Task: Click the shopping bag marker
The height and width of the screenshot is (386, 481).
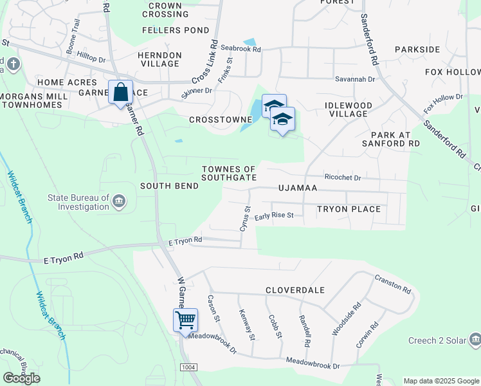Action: coord(120,93)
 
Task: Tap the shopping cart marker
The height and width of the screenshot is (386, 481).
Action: coord(185,319)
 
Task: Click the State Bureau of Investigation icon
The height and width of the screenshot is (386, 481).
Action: coord(119,202)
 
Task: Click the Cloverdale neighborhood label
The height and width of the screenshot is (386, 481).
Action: coord(295,290)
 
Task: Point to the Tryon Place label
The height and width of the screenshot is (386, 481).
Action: coord(348,209)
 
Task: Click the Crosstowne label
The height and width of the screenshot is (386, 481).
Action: coord(215,120)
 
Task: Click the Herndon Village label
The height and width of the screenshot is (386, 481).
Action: coord(159,60)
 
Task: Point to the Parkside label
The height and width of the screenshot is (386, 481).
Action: coord(417,50)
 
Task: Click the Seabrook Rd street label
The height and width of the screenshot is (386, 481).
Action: coord(240,49)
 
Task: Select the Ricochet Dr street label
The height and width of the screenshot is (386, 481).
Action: coord(343,177)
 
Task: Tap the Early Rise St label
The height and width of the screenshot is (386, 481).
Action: coord(273,216)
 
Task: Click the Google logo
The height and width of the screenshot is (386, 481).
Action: coord(22,378)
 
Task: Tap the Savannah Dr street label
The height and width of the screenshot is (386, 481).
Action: coord(354,79)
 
